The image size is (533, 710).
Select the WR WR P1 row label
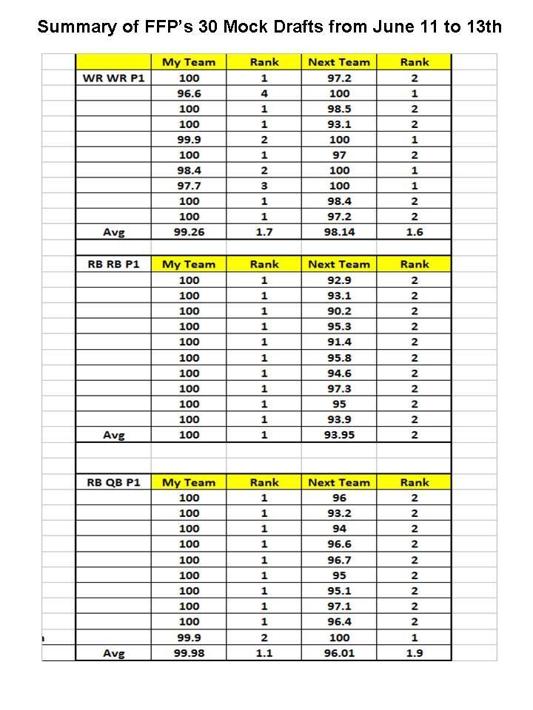113,78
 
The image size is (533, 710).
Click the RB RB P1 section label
113,264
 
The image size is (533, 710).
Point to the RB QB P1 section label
113,482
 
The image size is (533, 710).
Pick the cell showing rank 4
264,93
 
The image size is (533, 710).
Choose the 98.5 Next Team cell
338,109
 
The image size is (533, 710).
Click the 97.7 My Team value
189,186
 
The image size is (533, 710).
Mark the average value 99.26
189,232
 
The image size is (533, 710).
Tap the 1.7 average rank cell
264,232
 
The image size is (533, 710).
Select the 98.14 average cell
338,232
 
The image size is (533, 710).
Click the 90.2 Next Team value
338,311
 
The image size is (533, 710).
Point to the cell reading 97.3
338,388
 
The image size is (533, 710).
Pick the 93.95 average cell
338,435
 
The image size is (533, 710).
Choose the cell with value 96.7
338,560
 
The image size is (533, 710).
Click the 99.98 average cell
189,653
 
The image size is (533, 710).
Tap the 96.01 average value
338,653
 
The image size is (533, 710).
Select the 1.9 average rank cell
414,653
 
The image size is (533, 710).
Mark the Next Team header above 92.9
338,264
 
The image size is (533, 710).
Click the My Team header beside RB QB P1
189,482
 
